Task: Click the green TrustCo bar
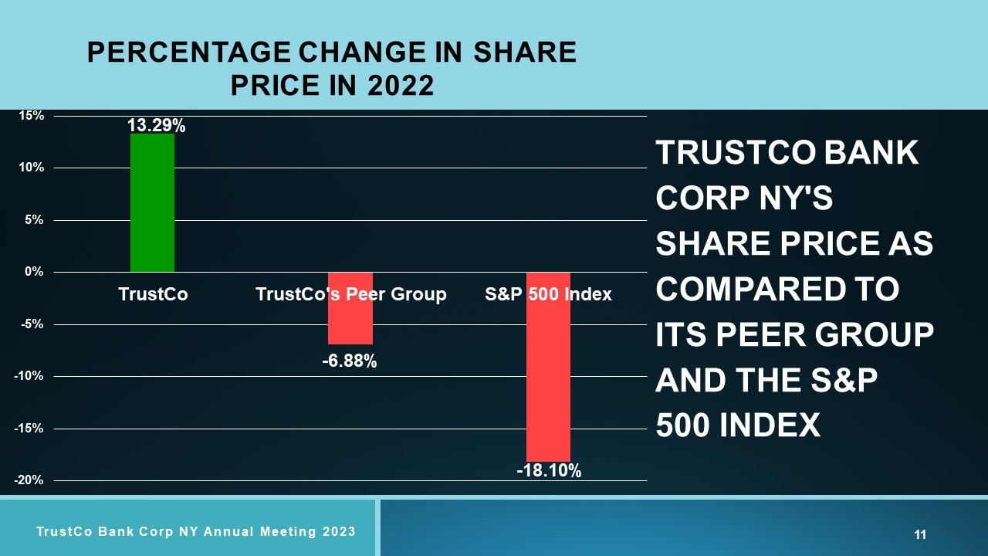click(152, 203)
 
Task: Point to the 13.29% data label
click(156, 126)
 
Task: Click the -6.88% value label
click(350, 361)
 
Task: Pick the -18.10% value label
click(549, 471)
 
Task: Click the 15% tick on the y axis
click(32, 116)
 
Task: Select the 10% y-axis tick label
click(32, 168)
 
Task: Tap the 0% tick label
click(35, 272)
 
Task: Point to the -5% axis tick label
click(32, 324)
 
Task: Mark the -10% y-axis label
click(29, 376)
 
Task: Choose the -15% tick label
click(29, 428)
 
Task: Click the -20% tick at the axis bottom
click(29, 480)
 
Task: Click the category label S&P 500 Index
click(548, 294)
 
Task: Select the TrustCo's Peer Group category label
click(350, 294)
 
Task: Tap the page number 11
click(920, 534)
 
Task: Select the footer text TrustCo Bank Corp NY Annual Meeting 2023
click(196, 531)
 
